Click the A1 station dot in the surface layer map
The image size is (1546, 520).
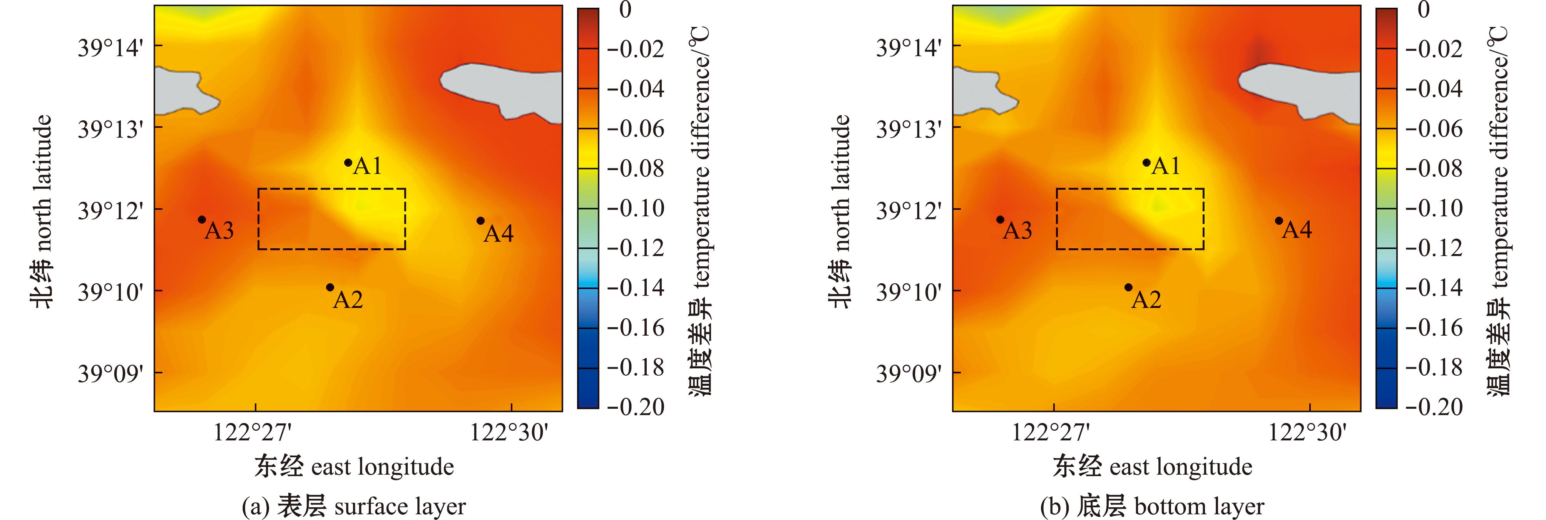348,162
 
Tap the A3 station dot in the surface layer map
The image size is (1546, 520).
202,219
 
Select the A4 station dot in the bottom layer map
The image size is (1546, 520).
1279,221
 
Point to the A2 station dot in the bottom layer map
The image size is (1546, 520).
1128,287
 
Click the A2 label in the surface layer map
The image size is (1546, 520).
348,299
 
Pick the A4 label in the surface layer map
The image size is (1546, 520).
499,233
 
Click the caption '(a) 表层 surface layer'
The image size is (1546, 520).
353,507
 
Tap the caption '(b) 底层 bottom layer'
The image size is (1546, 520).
1152,507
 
